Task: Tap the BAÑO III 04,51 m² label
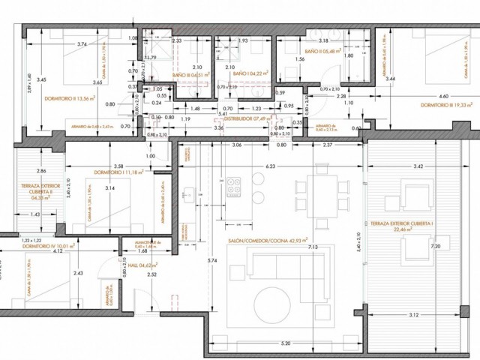tap(190, 76)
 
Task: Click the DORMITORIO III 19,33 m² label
tap(446, 105)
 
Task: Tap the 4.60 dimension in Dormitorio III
tap(443, 96)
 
